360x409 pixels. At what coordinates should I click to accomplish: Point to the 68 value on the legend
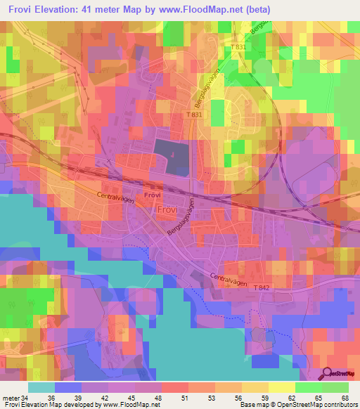coord(344,397)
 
